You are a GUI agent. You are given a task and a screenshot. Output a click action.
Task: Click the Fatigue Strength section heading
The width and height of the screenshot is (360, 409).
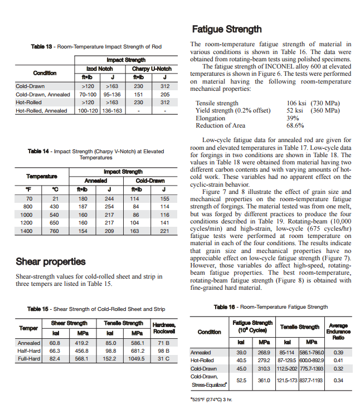(x=226, y=29)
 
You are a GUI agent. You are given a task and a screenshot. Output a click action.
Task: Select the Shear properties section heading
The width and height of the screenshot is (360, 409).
(x=51, y=261)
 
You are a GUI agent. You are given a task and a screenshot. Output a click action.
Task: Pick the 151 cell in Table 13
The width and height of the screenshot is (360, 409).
(x=138, y=95)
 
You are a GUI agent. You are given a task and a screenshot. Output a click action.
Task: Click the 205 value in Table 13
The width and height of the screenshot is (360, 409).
(x=164, y=95)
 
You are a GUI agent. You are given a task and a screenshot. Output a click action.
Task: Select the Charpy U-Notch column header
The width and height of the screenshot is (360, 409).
(x=152, y=69)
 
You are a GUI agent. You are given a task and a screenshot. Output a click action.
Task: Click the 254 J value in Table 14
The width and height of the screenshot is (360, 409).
(x=109, y=206)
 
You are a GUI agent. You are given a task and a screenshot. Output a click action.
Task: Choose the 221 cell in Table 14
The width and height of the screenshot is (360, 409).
(x=164, y=231)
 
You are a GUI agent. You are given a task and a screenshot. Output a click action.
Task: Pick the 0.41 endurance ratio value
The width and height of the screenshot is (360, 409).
(x=338, y=361)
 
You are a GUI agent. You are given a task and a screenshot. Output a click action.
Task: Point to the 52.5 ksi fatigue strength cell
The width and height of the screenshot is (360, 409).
(x=242, y=381)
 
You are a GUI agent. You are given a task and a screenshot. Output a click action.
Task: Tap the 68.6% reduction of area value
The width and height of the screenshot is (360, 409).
(x=295, y=125)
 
